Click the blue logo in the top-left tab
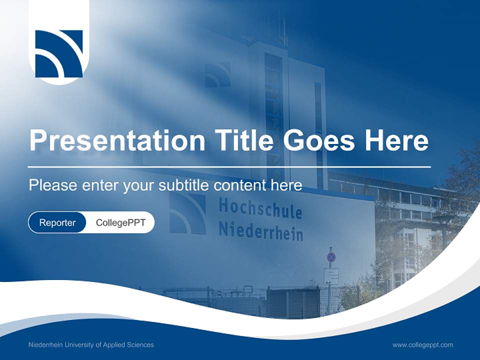tap(59, 54)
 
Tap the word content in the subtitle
tap(239, 185)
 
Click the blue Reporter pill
tap(57, 222)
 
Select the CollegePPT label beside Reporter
tap(120, 222)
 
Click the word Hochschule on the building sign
tap(260, 208)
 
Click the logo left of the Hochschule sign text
tap(187, 214)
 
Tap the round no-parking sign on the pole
tap(331, 257)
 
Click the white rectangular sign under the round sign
tap(331, 275)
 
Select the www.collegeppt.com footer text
tap(422, 344)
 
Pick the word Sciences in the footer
tap(141, 344)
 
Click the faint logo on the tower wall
tap(217, 75)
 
